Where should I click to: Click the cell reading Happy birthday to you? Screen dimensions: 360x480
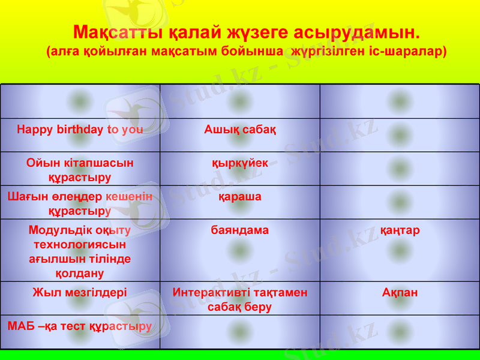(80, 129)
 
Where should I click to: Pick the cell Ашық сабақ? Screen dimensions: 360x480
(240, 129)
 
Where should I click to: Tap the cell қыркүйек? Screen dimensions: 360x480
(240, 163)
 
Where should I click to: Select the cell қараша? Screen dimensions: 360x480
(240, 196)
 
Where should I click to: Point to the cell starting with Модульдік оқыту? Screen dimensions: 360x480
(80, 251)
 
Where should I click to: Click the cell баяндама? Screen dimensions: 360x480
(240, 230)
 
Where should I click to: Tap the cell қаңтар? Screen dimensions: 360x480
(400, 230)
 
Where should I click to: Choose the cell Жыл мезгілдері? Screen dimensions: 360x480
(80, 293)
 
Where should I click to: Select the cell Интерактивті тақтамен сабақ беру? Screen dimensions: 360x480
(240, 299)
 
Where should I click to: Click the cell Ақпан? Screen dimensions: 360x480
(400, 293)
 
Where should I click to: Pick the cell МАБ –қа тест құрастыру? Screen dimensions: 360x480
(80, 326)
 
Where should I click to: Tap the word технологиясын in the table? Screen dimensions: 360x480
(80, 244)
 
